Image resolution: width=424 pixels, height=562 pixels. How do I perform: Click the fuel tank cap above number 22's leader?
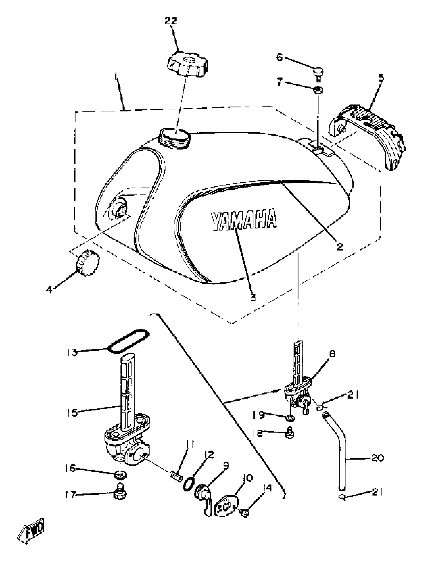coord(188,64)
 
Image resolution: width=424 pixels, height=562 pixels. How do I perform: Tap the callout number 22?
coord(171,21)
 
